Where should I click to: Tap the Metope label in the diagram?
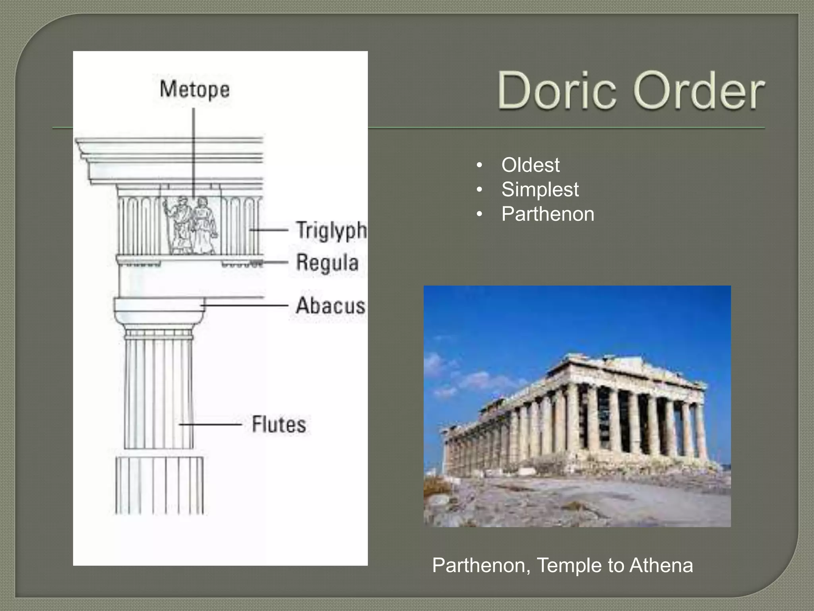(x=195, y=89)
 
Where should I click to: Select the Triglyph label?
(x=331, y=230)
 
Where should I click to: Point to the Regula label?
(x=327, y=263)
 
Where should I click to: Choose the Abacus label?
(x=330, y=305)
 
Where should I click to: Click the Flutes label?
(x=279, y=424)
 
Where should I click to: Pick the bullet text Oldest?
(x=530, y=165)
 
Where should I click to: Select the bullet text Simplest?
(x=540, y=189)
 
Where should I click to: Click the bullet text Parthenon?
(x=548, y=214)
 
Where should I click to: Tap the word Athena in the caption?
(x=661, y=565)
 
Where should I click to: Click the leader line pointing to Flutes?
(x=211, y=424)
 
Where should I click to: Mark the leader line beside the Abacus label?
(x=245, y=305)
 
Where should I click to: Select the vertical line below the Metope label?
(x=194, y=151)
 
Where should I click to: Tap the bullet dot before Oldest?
(x=480, y=165)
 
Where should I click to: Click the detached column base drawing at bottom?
(x=159, y=485)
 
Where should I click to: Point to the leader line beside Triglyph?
(x=269, y=230)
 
